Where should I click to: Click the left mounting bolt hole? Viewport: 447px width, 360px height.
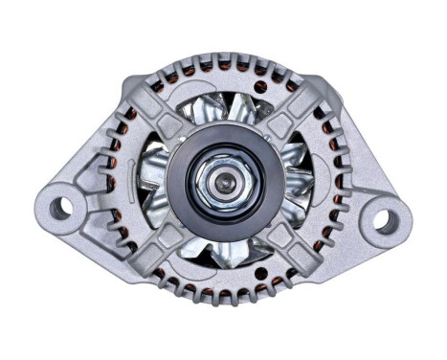60,205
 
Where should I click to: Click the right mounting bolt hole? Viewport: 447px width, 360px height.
385,221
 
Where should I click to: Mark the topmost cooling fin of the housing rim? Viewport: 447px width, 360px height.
224,60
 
